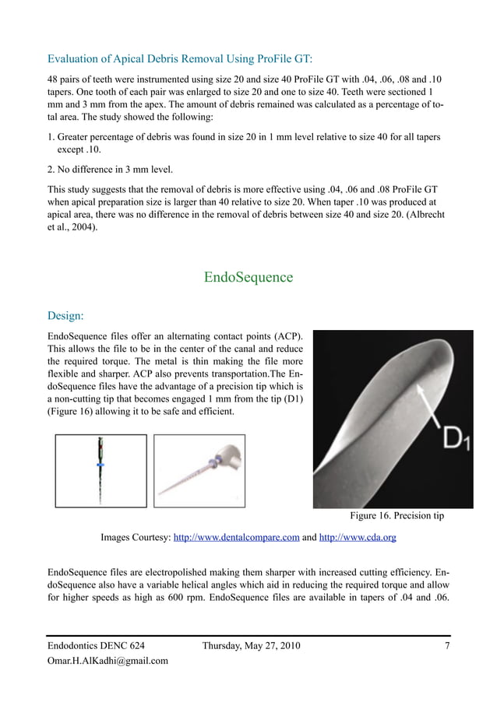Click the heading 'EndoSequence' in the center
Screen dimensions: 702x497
(x=248, y=277)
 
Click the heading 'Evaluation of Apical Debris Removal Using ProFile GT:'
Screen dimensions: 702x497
(x=180, y=58)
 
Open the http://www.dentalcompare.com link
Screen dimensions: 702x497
(x=236, y=537)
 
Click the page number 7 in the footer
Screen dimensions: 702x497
(x=446, y=645)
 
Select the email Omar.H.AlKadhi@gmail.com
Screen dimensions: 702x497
(x=108, y=661)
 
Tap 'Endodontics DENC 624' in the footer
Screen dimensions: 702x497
(x=96, y=645)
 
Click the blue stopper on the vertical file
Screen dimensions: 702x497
(x=100, y=464)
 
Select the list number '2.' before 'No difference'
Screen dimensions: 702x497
(x=53, y=169)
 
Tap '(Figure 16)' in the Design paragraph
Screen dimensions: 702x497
(x=74, y=410)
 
